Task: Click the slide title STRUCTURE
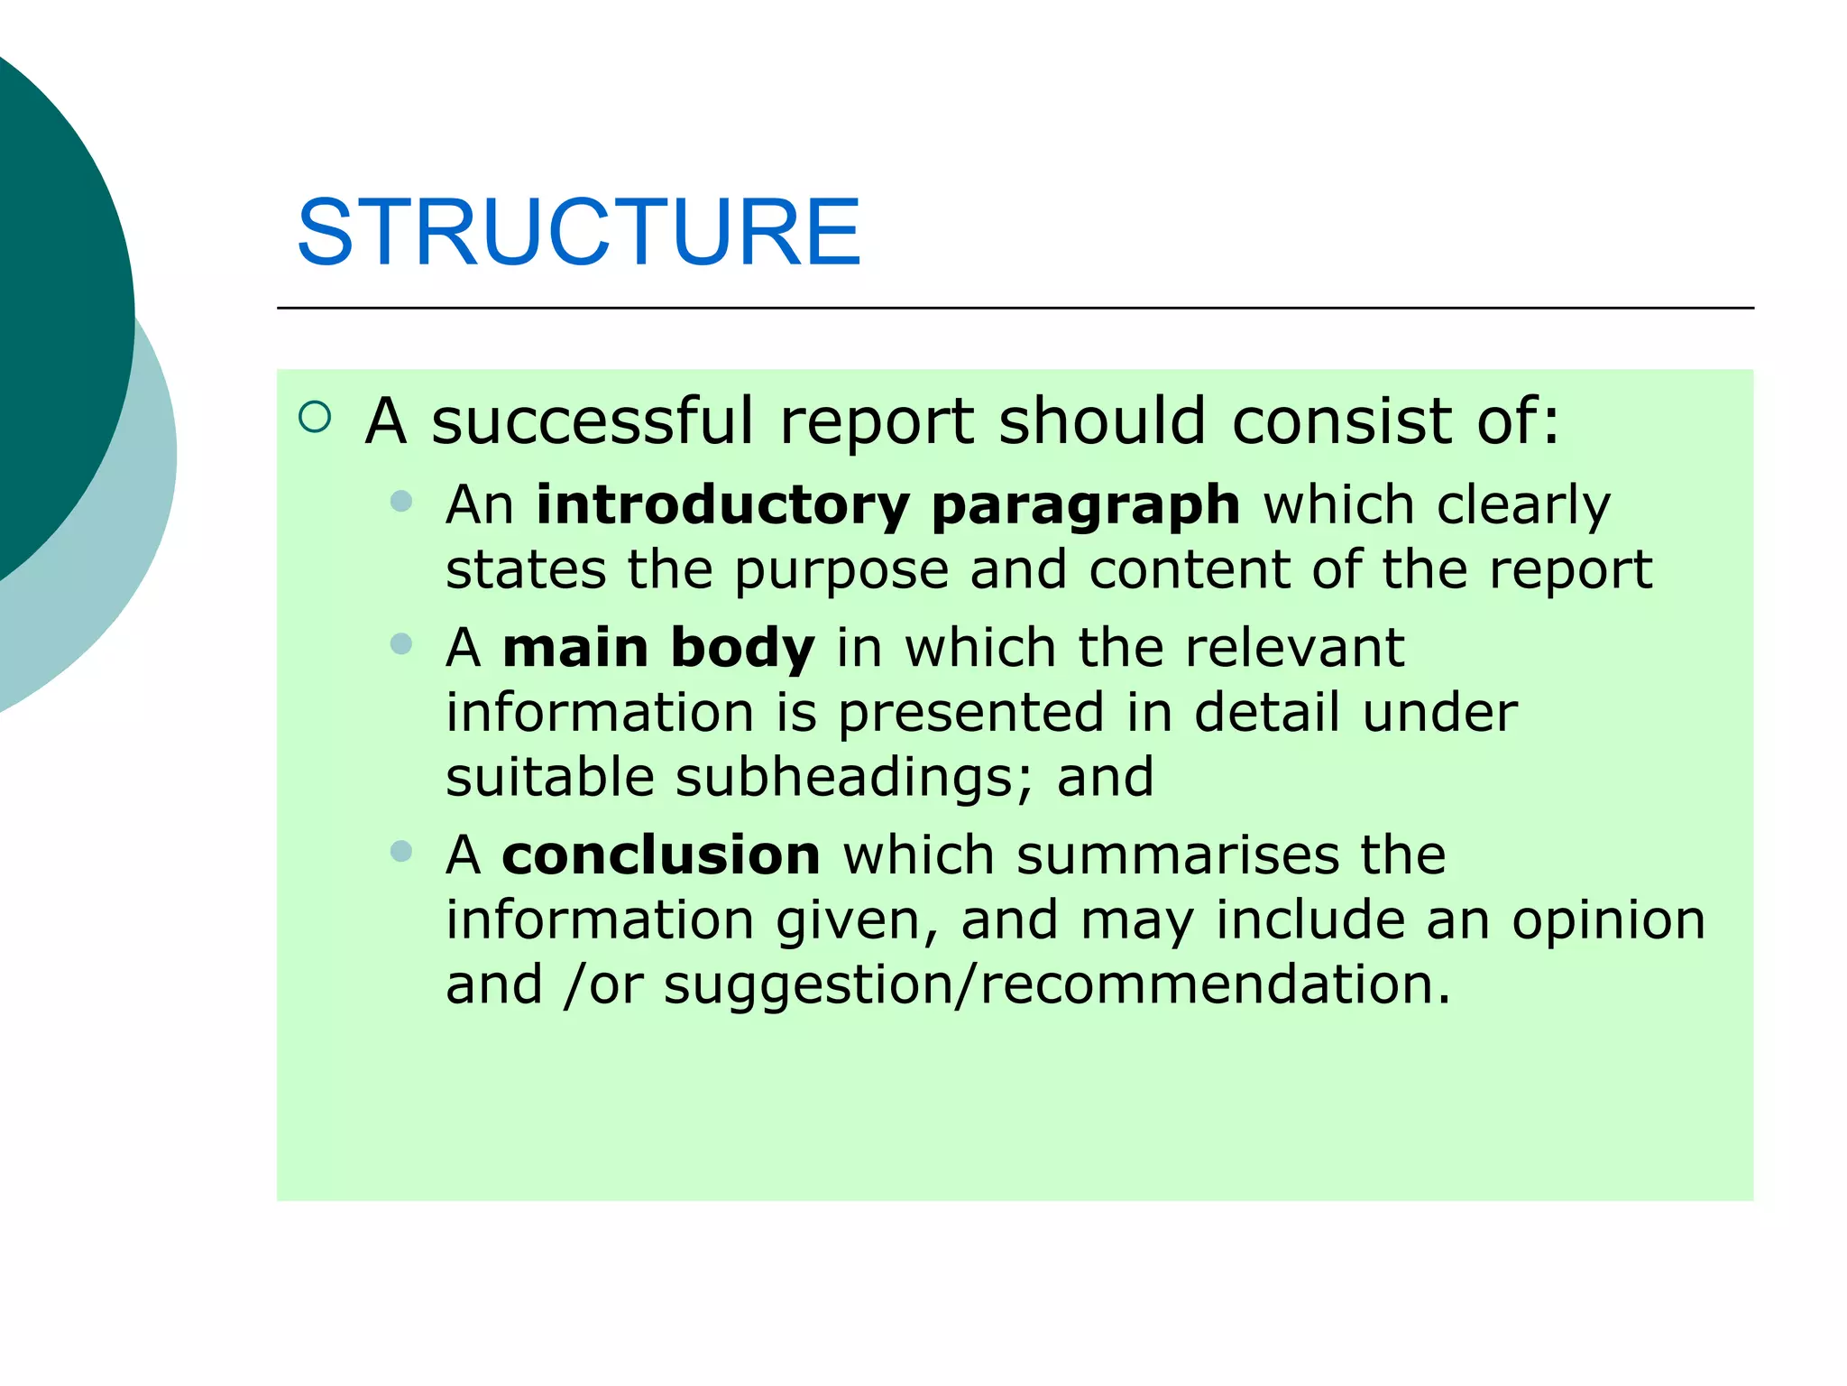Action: pos(578,233)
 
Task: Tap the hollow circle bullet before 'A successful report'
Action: pos(315,417)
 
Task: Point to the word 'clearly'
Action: pos(1523,505)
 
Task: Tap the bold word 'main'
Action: pos(575,648)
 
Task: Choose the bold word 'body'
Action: pos(742,650)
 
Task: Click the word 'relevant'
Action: pos(1294,648)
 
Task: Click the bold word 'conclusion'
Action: pos(661,855)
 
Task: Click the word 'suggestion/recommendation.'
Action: pos(1057,985)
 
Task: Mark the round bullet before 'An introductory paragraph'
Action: pos(401,501)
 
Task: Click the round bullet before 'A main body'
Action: pos(401,644)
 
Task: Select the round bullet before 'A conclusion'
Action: pos(401,851)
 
